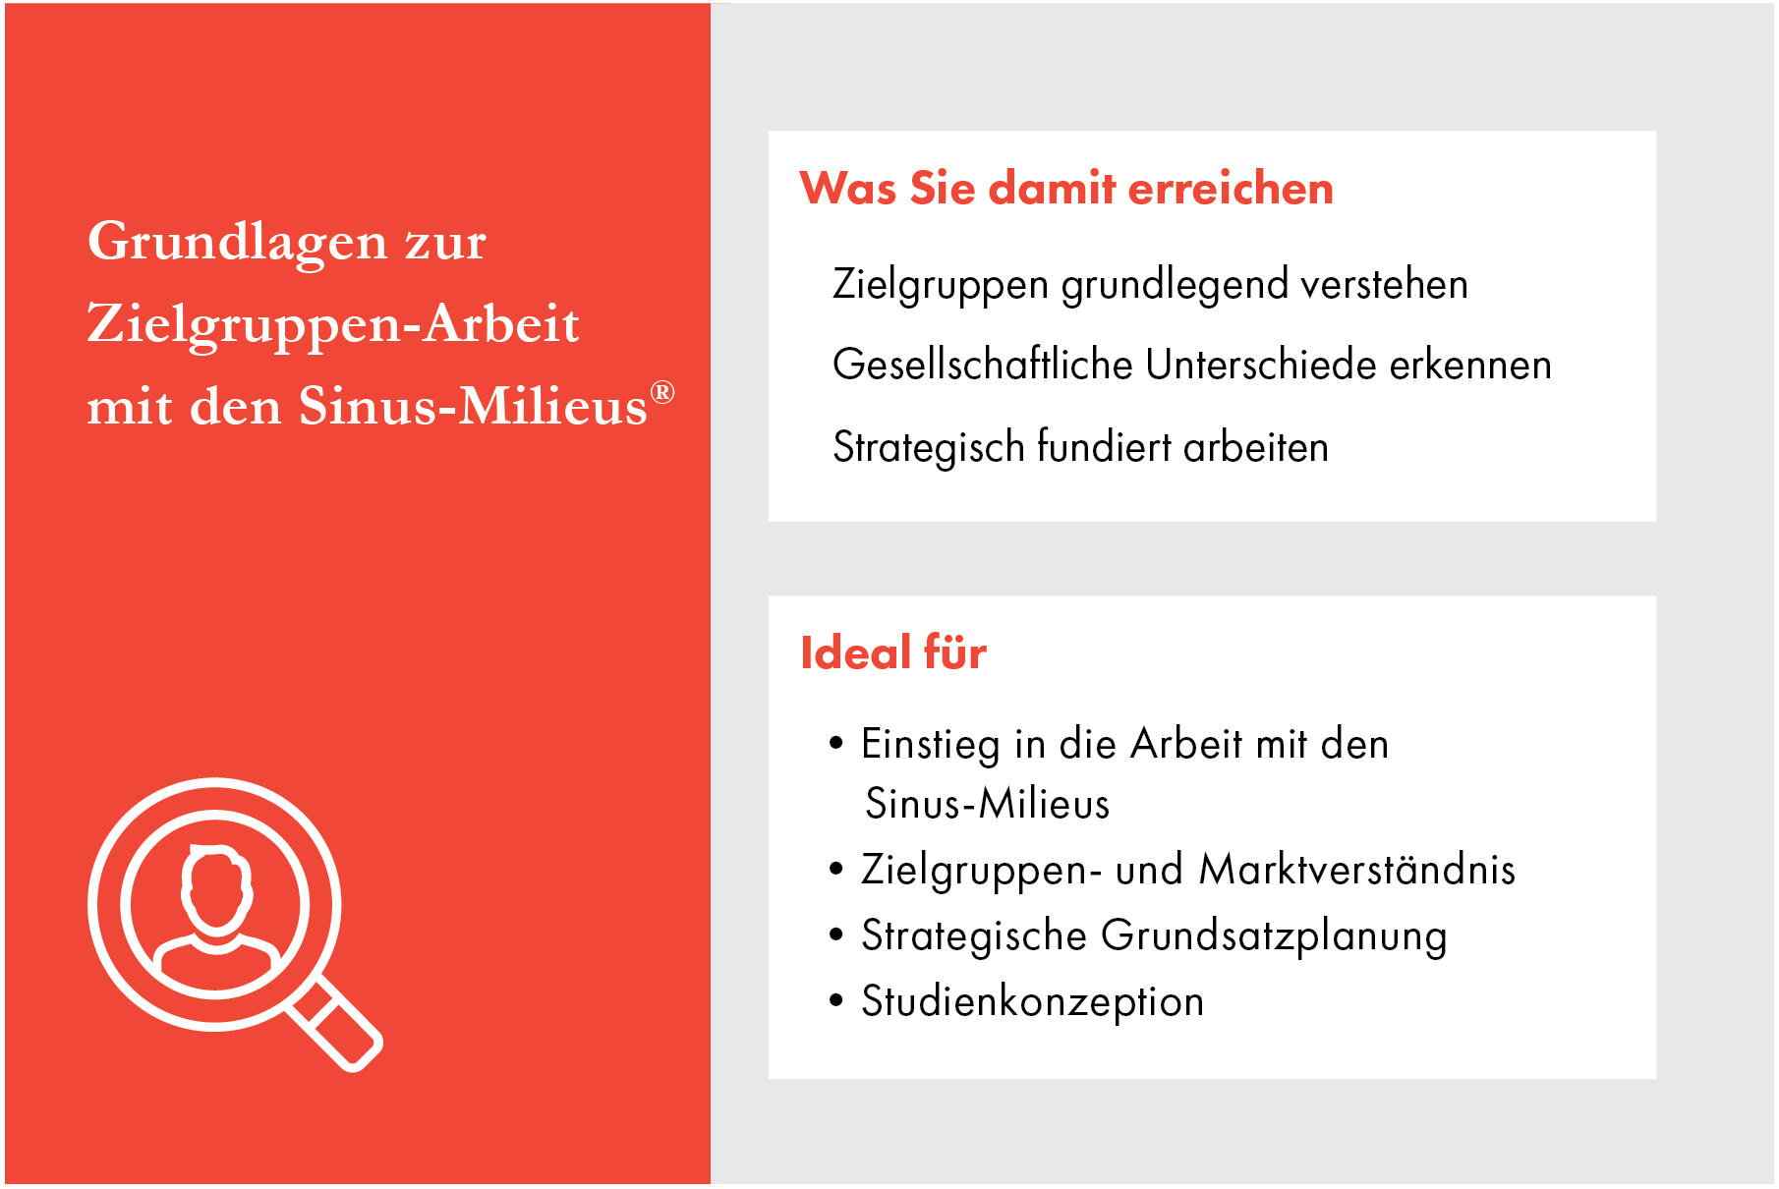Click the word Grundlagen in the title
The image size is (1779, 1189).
pos(237,241)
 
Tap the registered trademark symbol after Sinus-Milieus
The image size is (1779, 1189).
pos(662,393)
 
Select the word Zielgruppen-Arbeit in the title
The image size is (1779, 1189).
pos(333,324)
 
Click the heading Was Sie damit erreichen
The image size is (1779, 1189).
pos(1066,188)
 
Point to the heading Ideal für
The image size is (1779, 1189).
pos(893,652)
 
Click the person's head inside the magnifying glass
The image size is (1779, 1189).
pos(215,890)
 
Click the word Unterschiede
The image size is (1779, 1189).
pos(1261,365)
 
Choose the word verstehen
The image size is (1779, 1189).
pos(1384,285)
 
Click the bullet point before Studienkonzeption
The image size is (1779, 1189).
pos(836,1001)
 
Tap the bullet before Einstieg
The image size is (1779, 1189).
pos(836,743)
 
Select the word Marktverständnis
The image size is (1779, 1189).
pos(1357,870)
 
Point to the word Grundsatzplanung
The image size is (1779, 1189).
pos(1274,936)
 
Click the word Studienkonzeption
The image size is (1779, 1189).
pos(1033,1002)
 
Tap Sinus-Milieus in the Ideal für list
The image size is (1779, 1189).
pos(988,804)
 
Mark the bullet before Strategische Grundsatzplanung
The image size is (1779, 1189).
pos(836,934)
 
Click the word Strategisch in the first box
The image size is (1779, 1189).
pos(929,447)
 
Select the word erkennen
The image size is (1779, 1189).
pos(1470,365)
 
